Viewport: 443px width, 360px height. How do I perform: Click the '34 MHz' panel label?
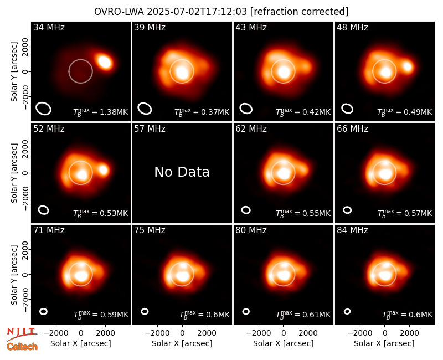(49, 27)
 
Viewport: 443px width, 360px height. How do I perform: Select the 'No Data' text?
(182, 172)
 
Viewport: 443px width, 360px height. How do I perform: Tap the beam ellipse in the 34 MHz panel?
(43, 109)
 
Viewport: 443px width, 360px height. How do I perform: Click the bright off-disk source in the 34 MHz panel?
(105, 62)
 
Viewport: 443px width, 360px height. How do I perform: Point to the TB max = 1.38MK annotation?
(101, 112)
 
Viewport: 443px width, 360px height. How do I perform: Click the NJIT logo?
(22, 334)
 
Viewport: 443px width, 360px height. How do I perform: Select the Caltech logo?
(22, 347)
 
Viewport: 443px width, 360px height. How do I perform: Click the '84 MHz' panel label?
(352, 230)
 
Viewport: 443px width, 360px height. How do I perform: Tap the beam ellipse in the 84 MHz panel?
(347, 311)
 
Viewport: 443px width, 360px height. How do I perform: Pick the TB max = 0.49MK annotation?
(405, 112)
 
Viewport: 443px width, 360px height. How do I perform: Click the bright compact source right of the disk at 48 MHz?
(408, 66)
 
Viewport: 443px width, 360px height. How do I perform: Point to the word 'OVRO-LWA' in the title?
(119, 12)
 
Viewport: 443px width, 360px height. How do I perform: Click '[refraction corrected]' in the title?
(299, 12)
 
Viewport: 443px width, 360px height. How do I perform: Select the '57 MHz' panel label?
(150, 129)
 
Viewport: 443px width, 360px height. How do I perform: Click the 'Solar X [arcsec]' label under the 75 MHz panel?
(182, 343)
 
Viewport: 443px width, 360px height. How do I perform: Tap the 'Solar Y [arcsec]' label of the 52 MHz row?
(14, 173)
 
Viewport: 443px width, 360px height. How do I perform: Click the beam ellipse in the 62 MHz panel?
(246, 210)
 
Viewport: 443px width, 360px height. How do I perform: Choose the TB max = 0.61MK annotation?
(303, 315)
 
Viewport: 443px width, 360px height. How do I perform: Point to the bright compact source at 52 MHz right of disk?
(104, 170)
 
